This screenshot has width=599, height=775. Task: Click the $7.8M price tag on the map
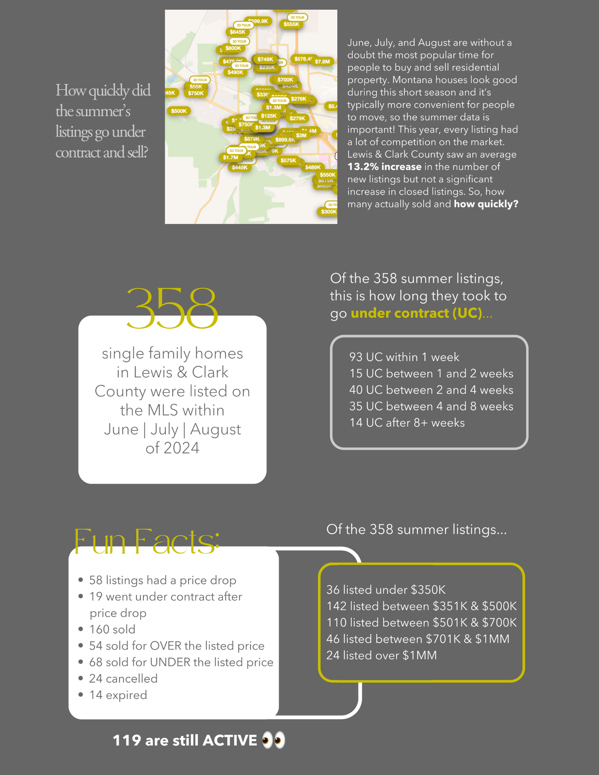(322, 62)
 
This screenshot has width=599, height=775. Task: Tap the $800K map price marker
(233, 48)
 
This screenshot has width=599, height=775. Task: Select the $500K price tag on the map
(179, 111)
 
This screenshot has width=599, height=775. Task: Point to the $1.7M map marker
(231, 158)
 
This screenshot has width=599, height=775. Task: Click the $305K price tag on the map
(328, 212)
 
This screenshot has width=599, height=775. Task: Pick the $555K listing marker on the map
(291, 24)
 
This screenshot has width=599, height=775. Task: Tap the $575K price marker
(288, 160)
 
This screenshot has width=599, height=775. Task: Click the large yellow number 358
(172, 308)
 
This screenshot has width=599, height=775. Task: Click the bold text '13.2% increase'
(384, 167)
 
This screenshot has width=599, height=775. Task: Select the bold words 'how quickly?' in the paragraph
(486, 204)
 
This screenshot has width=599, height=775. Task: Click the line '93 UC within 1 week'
(404, 357)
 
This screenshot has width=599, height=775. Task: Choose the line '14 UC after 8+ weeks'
(407, 422)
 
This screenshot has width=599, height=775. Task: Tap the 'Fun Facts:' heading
(147, 541)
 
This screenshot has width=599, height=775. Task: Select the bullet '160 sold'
(112, 629)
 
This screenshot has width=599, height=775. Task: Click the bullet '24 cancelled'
(123, 679)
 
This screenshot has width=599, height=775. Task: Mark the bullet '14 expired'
(118, 695)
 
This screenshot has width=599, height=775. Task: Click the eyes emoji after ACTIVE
(273, 740)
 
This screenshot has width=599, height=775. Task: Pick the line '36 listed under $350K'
(386, 590)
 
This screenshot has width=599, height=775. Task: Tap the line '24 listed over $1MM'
(381, 655)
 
